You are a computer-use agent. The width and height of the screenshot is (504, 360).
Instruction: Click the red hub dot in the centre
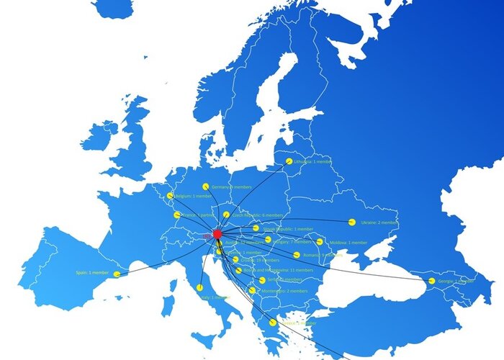[x=217, y=234]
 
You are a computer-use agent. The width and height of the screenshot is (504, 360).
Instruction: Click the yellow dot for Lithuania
[x=289, y=162]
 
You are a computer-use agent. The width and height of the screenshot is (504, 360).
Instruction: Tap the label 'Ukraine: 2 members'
[x=379, y=222]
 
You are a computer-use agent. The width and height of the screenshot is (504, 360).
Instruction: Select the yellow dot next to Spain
[x=117, y=274]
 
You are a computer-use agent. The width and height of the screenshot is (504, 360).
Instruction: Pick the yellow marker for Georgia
[x=431, y=281]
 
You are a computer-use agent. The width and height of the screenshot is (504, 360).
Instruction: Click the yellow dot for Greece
[x=272, y=323]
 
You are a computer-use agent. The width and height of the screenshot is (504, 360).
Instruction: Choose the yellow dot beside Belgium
[x=171, y=196]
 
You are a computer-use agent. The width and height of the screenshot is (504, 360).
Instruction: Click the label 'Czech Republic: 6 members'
[x=258, y=215]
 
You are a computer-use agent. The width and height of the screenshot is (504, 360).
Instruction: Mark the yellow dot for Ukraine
[x=352, y=222]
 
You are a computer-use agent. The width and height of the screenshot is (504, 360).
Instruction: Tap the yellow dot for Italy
[x=199, y=287]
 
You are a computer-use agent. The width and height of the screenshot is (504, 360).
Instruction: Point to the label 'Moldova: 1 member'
[x=348, y=243]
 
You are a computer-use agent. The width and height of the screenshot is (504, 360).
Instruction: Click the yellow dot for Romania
[x=297, y=255]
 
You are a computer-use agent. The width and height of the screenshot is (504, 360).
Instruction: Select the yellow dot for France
[x=177, y=215]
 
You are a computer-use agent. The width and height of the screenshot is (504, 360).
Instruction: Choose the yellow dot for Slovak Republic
[x=256, y=228]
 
